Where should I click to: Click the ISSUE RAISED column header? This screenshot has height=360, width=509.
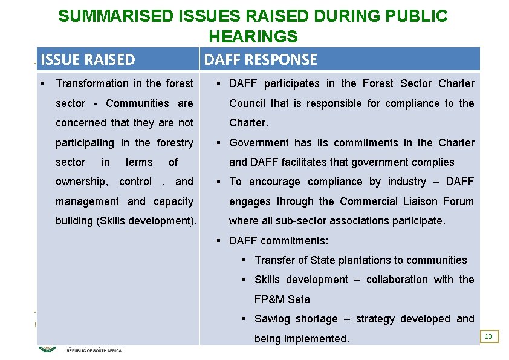pyautogui.click(x=88, y=59)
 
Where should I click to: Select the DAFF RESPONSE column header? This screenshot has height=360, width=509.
pyautogui.click(x=261, y=59)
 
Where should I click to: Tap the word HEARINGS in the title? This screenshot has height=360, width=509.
pyautogui.click(x=253, y=36)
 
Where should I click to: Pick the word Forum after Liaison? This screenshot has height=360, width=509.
pyautogui.click(x=458, y=201)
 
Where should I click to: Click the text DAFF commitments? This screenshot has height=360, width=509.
pyautogui.click(x=279, y=241)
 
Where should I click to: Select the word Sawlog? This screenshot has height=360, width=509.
pyautogui.click(x=274, y=319)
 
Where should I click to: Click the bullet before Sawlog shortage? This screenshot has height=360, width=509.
pyautogui.click(x=243, y=319)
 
